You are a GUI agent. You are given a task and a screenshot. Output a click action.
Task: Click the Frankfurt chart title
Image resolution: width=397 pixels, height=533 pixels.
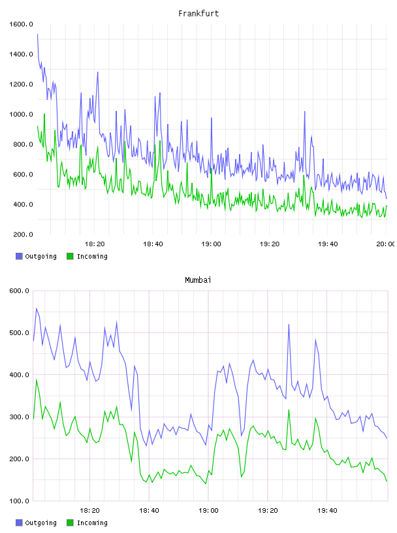(198, 14)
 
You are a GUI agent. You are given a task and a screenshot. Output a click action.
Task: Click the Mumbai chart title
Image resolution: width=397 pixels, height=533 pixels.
(198, 280)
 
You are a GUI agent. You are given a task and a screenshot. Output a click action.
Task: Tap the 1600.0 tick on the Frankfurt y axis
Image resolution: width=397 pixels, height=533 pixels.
(21, 24)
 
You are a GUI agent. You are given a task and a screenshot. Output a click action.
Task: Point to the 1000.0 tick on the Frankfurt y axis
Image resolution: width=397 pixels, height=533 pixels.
(21, 114)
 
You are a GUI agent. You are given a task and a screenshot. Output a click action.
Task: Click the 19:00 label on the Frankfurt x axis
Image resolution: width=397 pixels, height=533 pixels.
(211, 244)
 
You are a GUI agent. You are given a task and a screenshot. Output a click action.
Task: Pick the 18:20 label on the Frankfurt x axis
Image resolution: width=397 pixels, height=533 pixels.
(95, 244)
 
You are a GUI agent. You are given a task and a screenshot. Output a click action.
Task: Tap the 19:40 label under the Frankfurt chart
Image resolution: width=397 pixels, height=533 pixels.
(328, 244)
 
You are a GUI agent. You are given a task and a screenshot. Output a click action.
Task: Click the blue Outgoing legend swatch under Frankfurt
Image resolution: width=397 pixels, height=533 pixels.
(19, 256)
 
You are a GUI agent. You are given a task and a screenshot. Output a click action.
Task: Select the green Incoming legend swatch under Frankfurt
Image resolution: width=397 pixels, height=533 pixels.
(70, 256)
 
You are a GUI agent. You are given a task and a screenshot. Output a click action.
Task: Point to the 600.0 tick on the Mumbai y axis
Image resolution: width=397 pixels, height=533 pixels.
(19, 291)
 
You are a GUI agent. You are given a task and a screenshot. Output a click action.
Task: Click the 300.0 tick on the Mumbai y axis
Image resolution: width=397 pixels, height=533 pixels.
(19, 417)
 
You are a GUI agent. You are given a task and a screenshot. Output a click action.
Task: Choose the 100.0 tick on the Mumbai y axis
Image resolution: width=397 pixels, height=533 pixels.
(19, 501)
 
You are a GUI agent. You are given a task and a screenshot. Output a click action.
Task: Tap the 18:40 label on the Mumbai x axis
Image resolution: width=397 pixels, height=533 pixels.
(149, 511)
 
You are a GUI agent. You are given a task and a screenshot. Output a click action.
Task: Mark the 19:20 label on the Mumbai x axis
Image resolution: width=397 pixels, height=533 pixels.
(268, 511)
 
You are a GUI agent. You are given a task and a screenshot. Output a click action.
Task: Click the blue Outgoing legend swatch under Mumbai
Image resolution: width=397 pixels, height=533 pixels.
(19, 523)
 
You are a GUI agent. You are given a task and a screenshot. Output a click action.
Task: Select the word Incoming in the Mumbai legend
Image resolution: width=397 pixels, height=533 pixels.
(92, 523)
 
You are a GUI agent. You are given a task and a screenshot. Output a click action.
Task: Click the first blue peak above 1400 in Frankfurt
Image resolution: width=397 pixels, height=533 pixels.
(37, 35)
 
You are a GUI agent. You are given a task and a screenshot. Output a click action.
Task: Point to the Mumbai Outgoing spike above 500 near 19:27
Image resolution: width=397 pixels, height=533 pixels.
(289, 324)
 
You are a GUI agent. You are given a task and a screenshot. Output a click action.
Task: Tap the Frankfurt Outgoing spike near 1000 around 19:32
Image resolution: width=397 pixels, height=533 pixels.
(304, 112)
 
